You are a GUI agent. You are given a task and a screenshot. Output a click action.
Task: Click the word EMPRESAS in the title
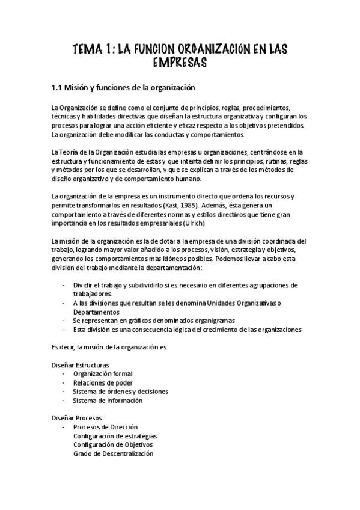(x=180, y=62)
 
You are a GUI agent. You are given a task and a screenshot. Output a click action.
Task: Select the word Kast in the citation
(x=173, y=206)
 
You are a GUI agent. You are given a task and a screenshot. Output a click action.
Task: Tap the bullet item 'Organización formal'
(x=98, y=373)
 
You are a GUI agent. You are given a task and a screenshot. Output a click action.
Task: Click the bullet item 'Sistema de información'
(x=108, y=400)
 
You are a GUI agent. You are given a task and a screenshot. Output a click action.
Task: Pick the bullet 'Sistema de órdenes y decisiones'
(x=120, y=391)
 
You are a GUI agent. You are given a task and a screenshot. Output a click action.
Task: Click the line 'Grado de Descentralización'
(x=113, y=453)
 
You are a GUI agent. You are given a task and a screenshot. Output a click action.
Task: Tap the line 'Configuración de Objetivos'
(x=112, y=444)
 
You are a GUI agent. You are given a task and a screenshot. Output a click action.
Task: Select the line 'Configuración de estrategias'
(x=115, y=436)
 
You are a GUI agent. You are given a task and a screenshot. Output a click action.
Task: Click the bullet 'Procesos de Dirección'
(x=105, y=427)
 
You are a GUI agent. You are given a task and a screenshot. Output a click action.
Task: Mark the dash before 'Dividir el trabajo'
(x=64, y=285)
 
